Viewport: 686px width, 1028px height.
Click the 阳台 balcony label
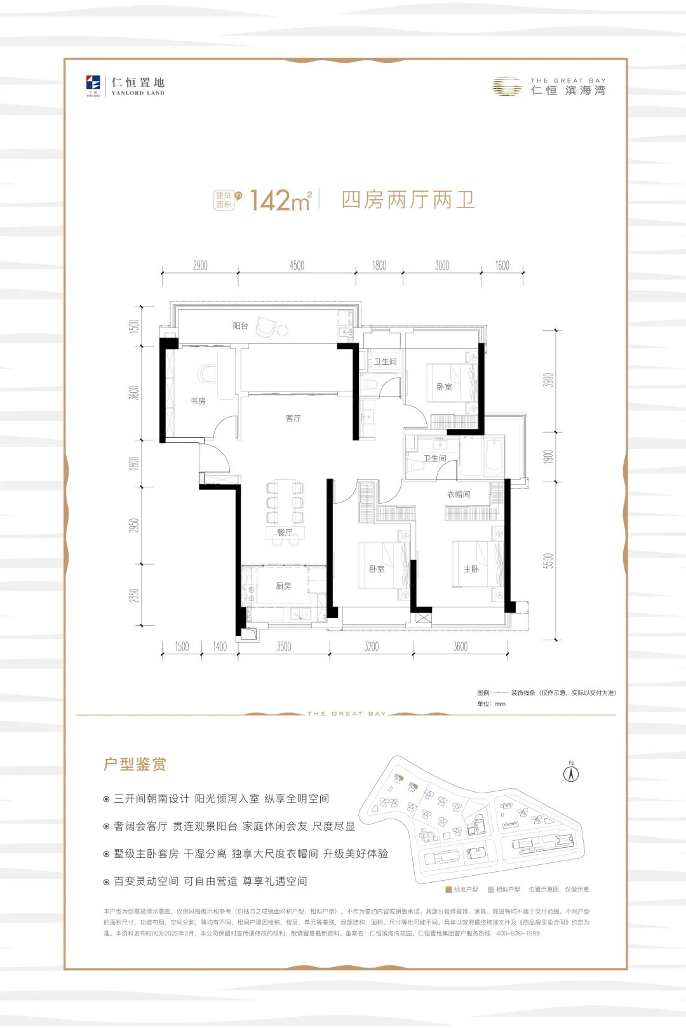tap(240, 326)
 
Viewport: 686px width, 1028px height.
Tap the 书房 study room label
tap(198, 401)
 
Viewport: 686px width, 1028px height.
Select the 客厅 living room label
tap(293, 418)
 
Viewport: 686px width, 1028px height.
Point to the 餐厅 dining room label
tap(285, 532)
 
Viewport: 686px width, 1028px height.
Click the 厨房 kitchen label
tap(283, 586)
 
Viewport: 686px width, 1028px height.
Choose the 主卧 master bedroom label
tap(471, 569)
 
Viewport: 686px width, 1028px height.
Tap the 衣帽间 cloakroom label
tap(458, 494)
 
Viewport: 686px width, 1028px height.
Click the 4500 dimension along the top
tap(297, 266)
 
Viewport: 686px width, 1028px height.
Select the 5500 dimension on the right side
tap(549, 561)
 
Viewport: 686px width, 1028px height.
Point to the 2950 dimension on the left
tap(134, 525)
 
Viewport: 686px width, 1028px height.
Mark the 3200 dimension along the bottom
tap(372, 647)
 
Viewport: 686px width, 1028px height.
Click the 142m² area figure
tap(280, 201)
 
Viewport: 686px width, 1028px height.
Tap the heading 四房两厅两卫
tap(408, 200)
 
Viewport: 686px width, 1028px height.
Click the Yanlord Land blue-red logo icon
tap(93, 83)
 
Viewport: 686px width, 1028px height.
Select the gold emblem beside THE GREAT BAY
tap(506, 86)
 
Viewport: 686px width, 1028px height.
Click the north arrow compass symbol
tap(571, 774)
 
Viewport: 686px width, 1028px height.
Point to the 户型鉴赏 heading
tap(135, 764)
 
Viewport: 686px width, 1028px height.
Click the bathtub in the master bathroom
tap(494, 456)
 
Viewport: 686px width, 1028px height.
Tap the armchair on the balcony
tap(266, 327)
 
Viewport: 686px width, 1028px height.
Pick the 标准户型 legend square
tap(448, 890)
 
